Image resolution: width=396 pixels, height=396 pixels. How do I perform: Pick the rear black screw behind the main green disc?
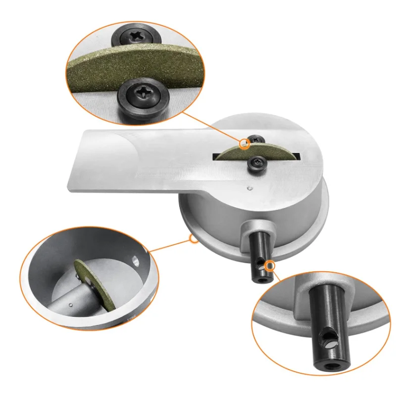pos(255,141)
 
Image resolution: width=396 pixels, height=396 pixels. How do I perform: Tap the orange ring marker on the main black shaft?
pos(270,266)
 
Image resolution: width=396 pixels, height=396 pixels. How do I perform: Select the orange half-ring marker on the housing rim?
pos(194,240)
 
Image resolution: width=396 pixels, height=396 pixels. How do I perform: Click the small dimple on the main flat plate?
pos(249,188)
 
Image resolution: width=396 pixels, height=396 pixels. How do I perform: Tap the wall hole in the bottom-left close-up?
pos(134,258)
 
